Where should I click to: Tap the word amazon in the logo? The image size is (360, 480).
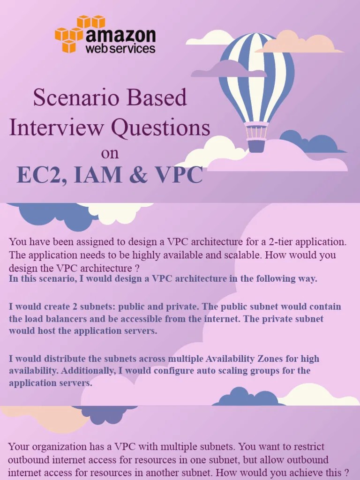(x=120, y=35)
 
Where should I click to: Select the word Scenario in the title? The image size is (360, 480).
(x=69, y=97)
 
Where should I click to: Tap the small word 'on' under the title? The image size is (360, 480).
(x=110, y=153)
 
